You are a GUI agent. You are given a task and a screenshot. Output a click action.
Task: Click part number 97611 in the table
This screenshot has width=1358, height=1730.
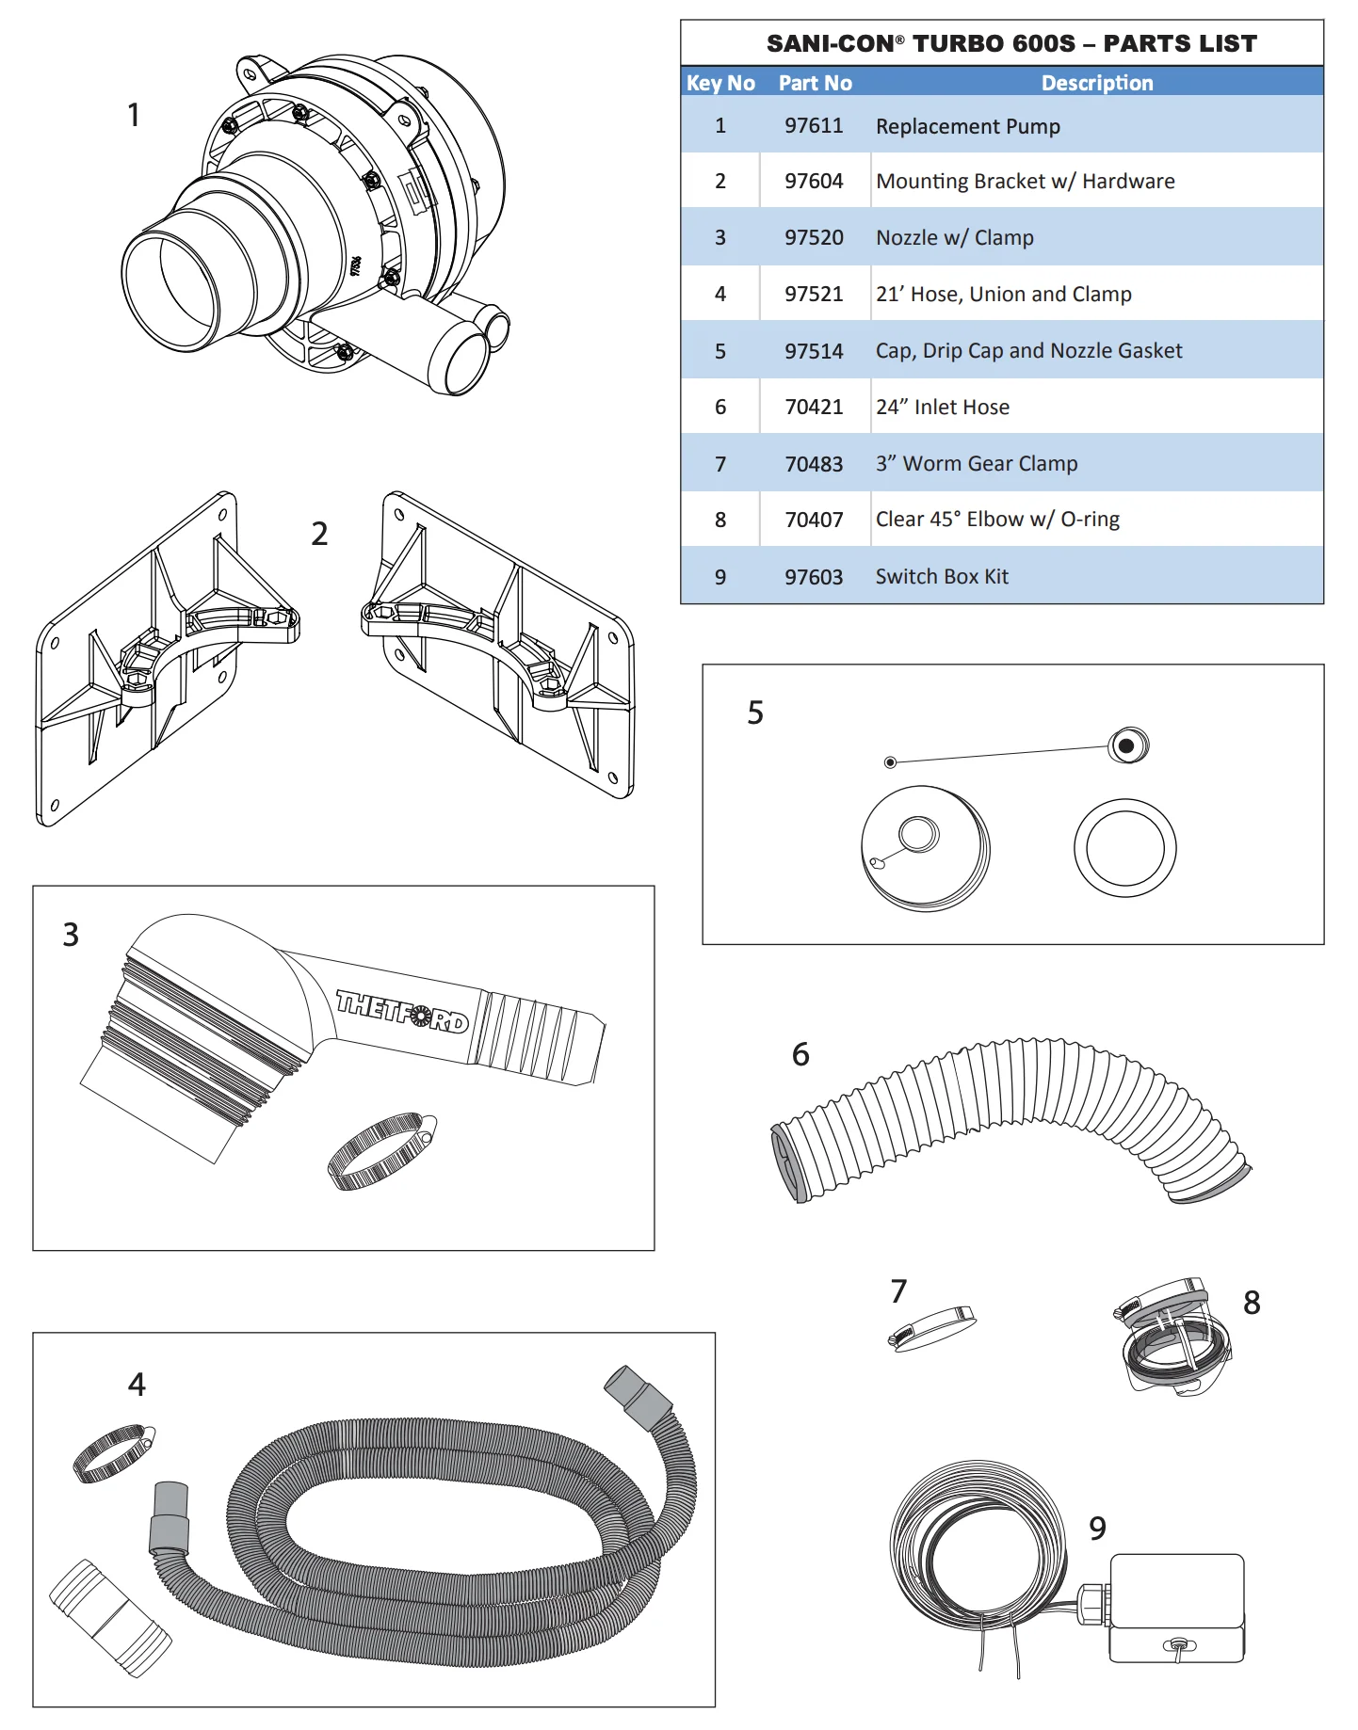pyautogui.click(x=814, y=126)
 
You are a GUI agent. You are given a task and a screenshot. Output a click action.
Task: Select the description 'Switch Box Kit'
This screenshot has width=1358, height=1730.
pyautogui.click(x=942, y=577)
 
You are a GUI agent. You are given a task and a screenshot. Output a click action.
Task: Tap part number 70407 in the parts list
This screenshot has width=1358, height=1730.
pyautogui.click(x=814, y=520)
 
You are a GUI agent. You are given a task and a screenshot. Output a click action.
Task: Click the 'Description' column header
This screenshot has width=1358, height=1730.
pyautogui.click(x=1097, y=83)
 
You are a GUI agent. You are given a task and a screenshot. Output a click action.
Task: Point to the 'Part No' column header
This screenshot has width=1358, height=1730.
pyautogui.click(x=815, y=83)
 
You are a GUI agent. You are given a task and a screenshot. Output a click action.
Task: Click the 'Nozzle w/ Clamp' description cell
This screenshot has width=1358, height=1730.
pyautogui.click(x=954, y=238)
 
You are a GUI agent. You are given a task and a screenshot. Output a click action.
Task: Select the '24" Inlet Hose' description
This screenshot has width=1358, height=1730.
pyautogui.click(x=942, y=408)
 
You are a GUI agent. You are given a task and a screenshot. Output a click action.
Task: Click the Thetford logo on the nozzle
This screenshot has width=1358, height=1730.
pyautogui.click(x=402, y=1011)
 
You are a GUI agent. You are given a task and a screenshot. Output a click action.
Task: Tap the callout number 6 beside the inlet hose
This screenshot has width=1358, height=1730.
pyautogui.click(x=800, y=1054)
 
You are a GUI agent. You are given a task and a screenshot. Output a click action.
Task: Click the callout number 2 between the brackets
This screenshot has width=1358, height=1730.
pyautogui.click(x=320, y=535)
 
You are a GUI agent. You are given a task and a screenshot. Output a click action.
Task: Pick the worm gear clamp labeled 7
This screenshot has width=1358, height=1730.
pyautogui.click(x=932, y=1327)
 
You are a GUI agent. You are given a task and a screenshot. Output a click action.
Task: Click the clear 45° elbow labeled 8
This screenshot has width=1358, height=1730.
pyautogui.click(x=1175, y=1337)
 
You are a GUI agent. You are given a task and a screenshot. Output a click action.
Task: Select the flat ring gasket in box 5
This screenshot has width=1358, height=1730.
pyautogui.click(x=1125, y=847)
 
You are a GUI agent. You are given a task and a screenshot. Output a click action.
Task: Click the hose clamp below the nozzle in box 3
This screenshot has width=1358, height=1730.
pyautogui.click(x=380, y=1151)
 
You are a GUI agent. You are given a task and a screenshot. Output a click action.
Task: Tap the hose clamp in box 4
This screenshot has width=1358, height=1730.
pyautogui.click(x=113, y=1452)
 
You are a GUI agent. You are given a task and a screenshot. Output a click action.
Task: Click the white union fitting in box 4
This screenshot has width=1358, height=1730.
pyautogui.click(x=110, y=1617)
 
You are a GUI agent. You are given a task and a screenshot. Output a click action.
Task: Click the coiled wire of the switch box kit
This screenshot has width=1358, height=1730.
pyautogui.click(x=979, y=1544)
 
